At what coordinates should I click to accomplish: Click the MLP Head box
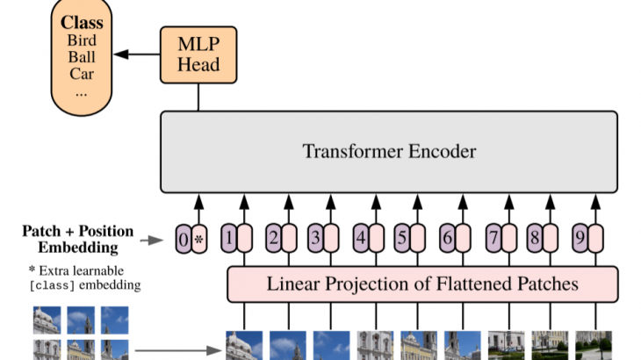(x=198, y=54)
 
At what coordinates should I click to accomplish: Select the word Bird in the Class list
(x=82, y=40)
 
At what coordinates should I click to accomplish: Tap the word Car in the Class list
(x=82, y=74)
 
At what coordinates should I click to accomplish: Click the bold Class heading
(x=82, y=23)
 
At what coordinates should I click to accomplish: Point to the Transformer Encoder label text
(x=389, y=151)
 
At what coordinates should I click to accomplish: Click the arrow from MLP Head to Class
(x=136, y=54)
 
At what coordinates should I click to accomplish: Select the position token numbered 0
(x=184, y=239)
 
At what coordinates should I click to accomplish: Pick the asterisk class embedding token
(x=199, y=239)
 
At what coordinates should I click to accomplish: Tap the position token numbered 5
(x=402, y=238)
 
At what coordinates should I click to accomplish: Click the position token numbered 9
(x=580, y=238)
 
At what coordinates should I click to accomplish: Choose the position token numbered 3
(x=315, y=238)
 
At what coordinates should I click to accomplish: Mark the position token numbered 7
(x=493, y=238)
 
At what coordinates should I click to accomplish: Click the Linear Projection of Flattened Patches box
(x=422, y=284)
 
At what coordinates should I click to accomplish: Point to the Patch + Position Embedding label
(x=77, y=240)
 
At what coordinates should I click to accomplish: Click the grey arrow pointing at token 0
(x=152, y=240)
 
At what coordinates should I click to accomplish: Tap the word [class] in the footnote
(x=52, y=285)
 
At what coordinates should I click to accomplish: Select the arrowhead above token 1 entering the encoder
(x=244, y=202)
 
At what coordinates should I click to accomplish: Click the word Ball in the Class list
(x=82, y=57)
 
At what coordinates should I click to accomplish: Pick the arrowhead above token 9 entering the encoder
(x=595, y=202)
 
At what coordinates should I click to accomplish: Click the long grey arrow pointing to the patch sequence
(x=178, y=350)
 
